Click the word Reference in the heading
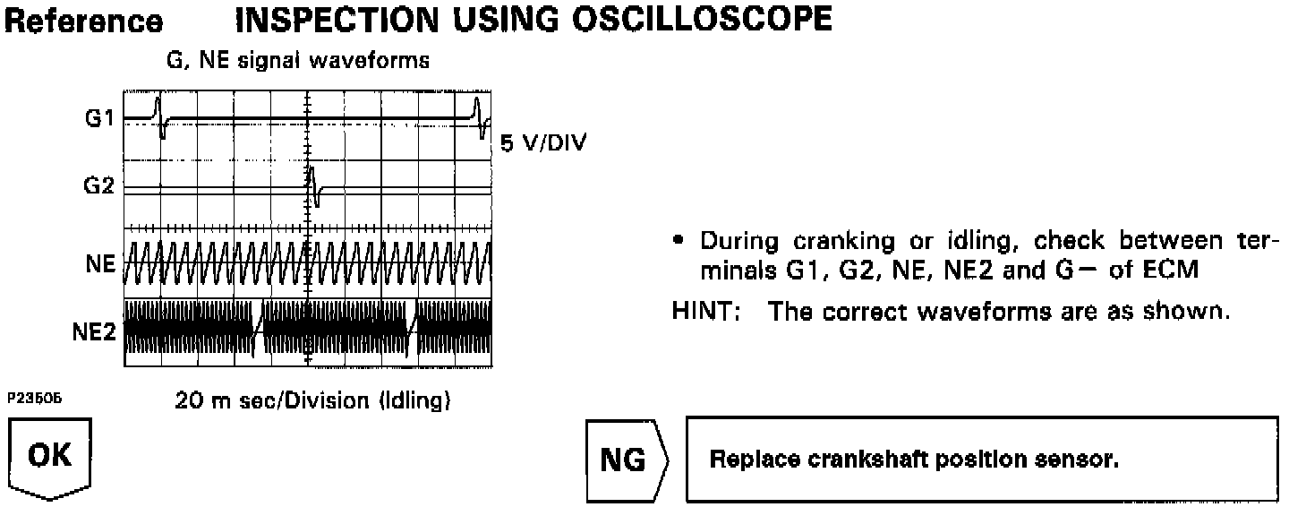coord(84,21)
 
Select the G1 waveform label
coord(98,117)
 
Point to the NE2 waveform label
coord(93,332)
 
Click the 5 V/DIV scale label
coord(543,143)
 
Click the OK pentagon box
coord(49,458)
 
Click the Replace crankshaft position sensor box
coord(982,460)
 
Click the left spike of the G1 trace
coord(159,116)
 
